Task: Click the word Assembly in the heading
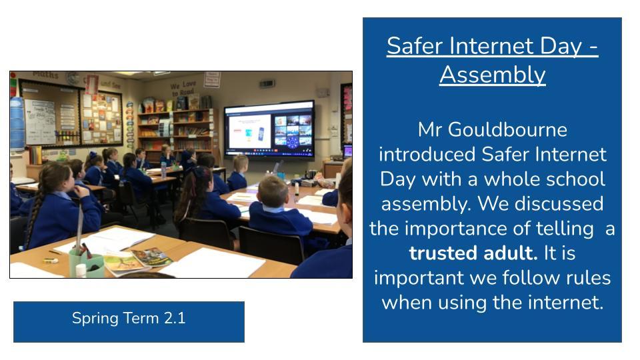493,75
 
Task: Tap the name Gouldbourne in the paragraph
508,130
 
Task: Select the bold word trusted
443,253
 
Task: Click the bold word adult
511,253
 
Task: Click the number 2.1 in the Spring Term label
175,318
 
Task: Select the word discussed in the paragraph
559,204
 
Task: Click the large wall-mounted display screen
269,129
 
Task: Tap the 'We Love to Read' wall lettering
183,88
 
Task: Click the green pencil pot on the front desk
86,265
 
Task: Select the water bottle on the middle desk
163,170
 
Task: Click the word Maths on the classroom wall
46,75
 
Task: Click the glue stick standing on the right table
296,189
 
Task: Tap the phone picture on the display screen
261,133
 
